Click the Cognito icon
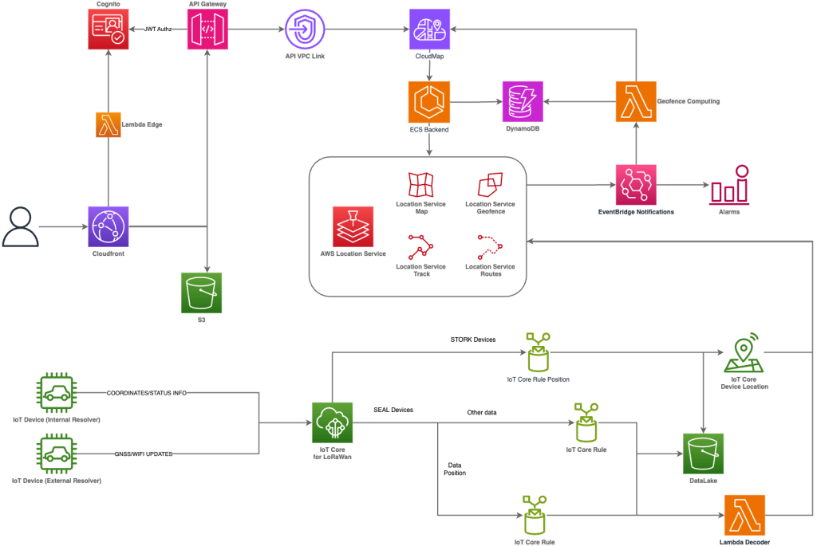pos(108,29)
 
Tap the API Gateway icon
pos(207,29)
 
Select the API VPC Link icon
pos(306,29)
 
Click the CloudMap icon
pos(429,29)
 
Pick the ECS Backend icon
pos(429,101)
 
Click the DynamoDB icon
pos(523,101)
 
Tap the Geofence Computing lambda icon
pos(636,101)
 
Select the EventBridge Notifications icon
pos(636,185)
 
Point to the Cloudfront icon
pos(108,226)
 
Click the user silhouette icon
pos(19,226)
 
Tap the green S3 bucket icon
pos(201,293)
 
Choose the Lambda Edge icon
pos(108,125)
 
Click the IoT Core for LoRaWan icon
pos(332,422)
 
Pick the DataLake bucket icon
pos(703,454)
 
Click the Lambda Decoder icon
pos(744,515)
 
